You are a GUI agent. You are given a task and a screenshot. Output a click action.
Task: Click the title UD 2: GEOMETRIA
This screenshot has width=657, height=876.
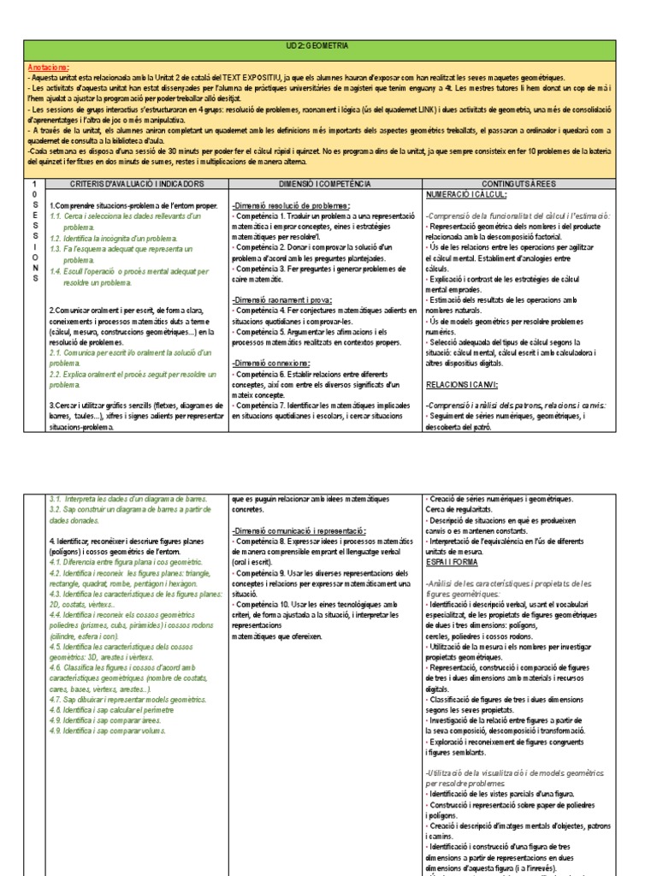click(x=328, y=50)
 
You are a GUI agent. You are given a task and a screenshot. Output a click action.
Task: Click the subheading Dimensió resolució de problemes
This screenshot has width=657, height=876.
click(x=290, y=206)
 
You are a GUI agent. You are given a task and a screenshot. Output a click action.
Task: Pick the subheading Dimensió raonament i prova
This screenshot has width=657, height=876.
click(x=281, y=300)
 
